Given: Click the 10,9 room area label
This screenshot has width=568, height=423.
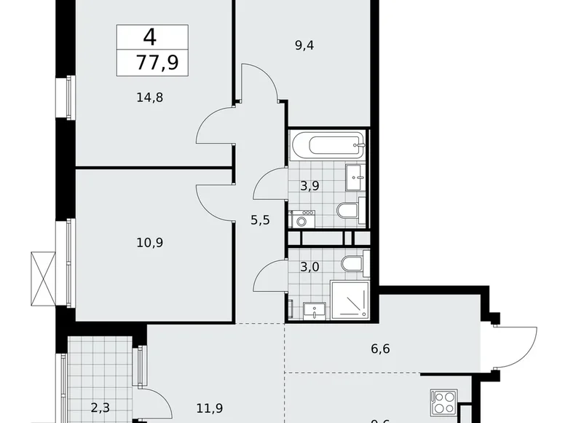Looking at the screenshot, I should (x=149, y=242).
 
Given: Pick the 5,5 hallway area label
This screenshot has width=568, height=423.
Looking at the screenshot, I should (x=260, y=220).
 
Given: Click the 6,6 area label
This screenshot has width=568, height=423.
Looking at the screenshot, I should (x=380, y=349).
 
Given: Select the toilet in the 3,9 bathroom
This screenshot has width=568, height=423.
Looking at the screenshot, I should (x=348, y=211).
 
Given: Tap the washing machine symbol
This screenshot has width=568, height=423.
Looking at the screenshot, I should (x=301, y=219).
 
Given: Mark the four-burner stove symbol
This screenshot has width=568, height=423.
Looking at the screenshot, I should (x=443, y=403).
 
